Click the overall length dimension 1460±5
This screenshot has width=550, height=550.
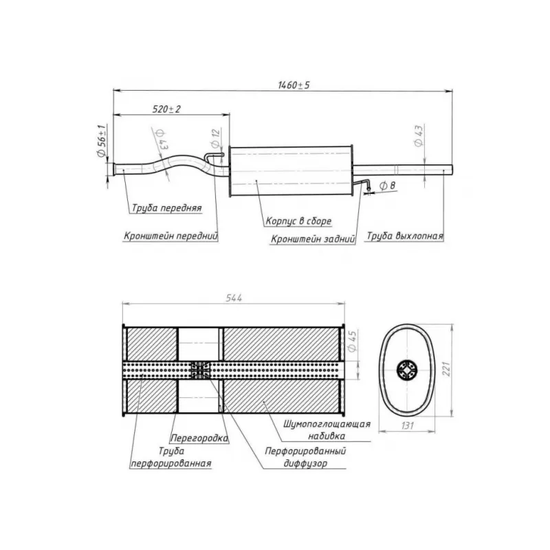294,85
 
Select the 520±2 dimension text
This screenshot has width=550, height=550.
166,109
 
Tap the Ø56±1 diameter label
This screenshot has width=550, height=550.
101,141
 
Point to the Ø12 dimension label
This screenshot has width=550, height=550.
215,138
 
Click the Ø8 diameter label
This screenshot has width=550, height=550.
388,186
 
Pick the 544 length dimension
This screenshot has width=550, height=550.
234,298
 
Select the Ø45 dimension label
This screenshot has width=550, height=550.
353,341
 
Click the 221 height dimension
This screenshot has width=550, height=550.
446,369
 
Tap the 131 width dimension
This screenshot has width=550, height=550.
407,426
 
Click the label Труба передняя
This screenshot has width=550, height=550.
166,208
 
